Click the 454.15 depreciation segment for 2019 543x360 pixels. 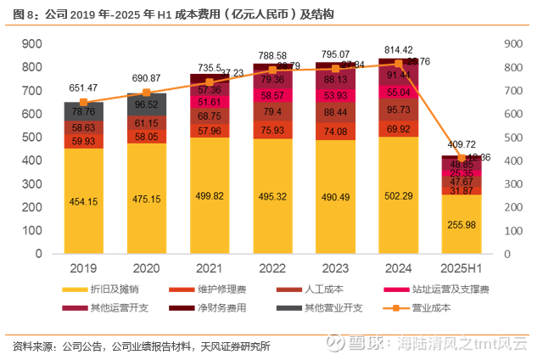pyautogui.click(x=83, y=201)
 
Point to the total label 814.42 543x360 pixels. pyautogui.click(x=398, y=49)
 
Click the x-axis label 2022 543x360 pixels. pyautogui.click(x=271, y=269)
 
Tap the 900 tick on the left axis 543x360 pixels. pyautogui.click(x=33, y=44)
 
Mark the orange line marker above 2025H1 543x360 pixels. pyautogui.click(x=461, y=158)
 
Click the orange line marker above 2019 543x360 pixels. pyautogui.click(x=83, y=102)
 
